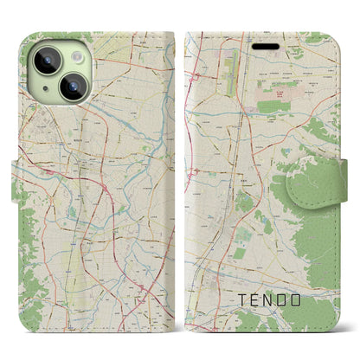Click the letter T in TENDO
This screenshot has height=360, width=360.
[x=241, y=303]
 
